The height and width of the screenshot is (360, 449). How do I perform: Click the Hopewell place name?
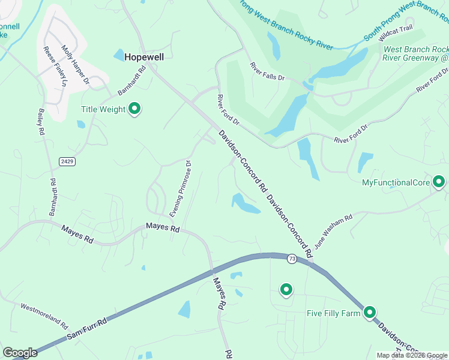click(x=144, y=56)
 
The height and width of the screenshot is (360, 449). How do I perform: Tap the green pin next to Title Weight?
click(x=135, y=109)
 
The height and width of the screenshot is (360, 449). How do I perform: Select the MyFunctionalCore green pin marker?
click(x=439, y=181)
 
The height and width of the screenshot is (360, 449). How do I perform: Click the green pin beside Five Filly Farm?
click(x=370, y=312)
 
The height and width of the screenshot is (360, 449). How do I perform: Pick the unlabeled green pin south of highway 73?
click(x=286, y=290)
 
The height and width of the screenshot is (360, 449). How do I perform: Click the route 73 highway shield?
click(x=292, y=259)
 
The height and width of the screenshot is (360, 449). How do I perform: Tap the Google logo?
click(x=20, y=353)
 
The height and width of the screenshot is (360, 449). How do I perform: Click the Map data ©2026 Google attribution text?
click(x=412, y=355)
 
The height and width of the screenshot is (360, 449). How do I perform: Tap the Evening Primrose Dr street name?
click(x=181, y=188)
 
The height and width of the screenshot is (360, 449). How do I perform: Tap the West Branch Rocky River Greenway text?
click(x=415, y=53)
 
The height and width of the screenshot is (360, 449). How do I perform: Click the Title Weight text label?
click(x=103, y=109)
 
